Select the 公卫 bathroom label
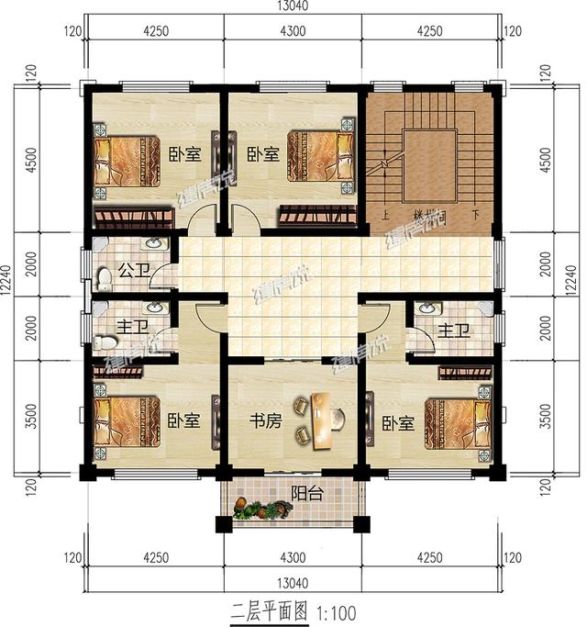pyautogui.click(x=128, y=273)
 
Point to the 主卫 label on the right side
pyautogui.click(x=453, y=330)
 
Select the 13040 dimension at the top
pyautogui.click(x=292, y=7)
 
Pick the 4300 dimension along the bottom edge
pyautogui.click(x=292, y=556)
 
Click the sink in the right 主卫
pyautogui.click(x=425, y=309)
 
